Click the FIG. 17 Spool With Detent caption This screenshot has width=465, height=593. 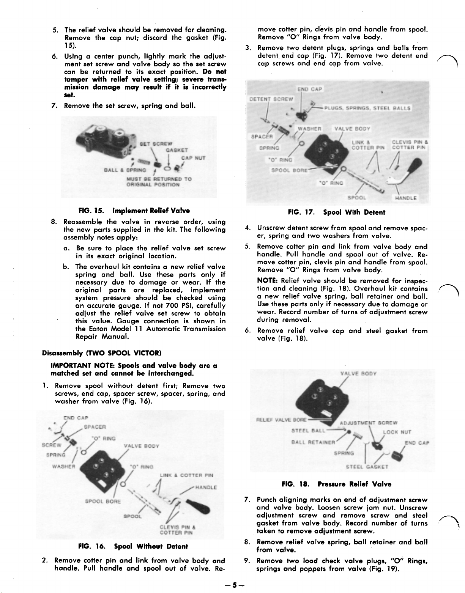click(x=336, y=212)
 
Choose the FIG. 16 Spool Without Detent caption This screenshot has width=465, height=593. click(x=133, y=546)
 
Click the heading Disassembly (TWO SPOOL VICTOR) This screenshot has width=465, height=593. click(x=102, y=353)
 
